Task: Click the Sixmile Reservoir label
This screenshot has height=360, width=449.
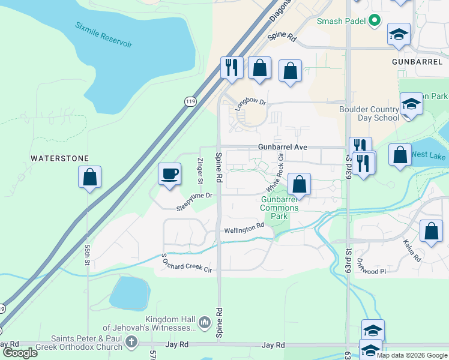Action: point(104,35)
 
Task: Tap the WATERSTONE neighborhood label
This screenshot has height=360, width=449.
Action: point(60,158)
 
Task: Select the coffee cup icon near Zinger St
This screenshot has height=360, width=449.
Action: point(169,174)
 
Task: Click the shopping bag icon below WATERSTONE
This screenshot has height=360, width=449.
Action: point(89,177)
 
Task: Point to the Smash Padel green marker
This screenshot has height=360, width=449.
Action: point(375,21)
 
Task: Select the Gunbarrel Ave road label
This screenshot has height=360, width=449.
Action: point(282,147)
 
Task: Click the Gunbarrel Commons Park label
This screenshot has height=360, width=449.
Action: point(279,208)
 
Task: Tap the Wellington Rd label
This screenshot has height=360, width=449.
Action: point(244,229)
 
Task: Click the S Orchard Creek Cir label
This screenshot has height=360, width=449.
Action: point(187,263)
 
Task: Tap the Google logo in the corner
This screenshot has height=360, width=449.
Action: point(20,352)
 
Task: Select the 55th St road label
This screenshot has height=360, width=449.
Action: point(88,255)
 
